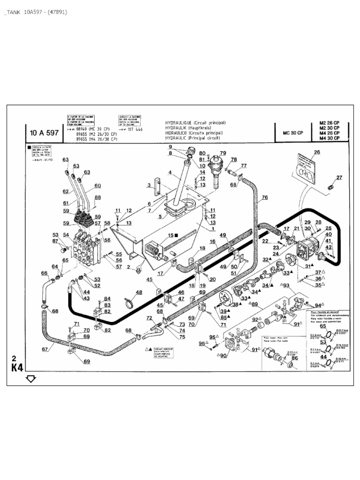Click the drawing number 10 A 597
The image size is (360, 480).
point(44,133)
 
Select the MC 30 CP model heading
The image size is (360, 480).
point(293,133)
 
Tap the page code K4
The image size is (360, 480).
point(17,367)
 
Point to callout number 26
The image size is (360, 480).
point(317,152)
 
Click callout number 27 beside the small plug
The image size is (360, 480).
point(339,177)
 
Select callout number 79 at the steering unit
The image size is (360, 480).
point(223,153)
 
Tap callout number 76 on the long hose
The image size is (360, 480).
point(265,197)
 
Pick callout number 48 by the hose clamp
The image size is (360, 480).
point(139,292)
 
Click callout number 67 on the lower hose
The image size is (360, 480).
point(45,349)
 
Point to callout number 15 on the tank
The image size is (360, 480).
point(171,235)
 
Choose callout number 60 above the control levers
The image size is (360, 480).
point(97,186)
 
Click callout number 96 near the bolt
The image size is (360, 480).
point(202,344)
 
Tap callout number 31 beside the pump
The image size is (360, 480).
point(308,266)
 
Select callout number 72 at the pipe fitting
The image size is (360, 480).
point(149,318)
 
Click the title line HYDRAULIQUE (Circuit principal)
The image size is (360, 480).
point(195,123)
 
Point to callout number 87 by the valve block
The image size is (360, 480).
point(56,241)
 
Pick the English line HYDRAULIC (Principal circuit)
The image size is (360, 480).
point(195,139)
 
